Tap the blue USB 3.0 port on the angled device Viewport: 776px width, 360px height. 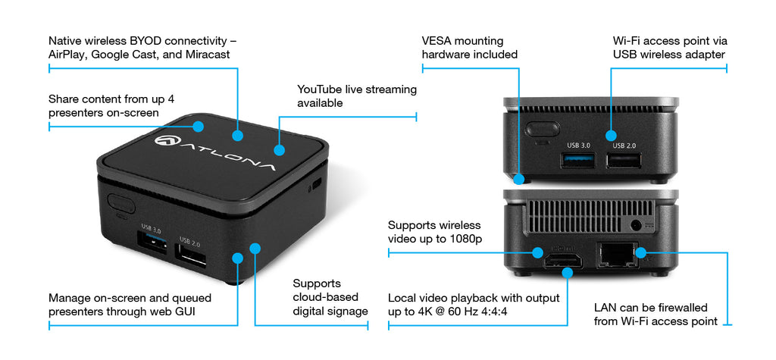[152, 244]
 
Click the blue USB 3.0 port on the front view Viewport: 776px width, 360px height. [578, 160]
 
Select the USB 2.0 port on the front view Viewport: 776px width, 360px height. [623, 160]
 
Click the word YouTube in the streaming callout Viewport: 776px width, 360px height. [320, 89]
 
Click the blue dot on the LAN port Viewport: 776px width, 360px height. [639, 252]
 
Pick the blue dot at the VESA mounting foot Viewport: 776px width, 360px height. [519, 180]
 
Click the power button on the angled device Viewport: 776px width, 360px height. [121, 203]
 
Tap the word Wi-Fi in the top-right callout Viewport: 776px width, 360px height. [627, 40]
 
